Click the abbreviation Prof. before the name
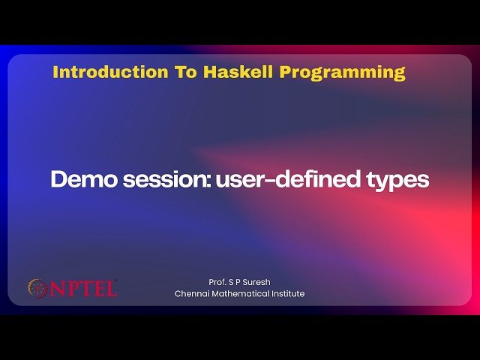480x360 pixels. (219, 282)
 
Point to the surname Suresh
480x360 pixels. (256, 282)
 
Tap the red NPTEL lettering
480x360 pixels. (82, 288)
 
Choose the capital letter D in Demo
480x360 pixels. (58, 180)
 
